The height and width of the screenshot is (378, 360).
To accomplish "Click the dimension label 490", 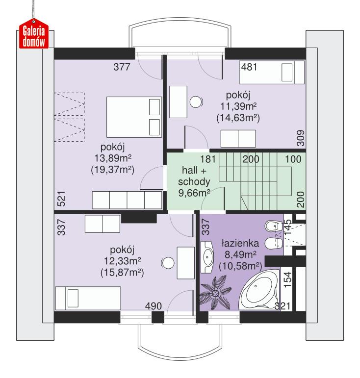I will [x=153, y=306].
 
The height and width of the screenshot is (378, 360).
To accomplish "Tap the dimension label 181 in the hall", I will [x=207, y=159].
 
